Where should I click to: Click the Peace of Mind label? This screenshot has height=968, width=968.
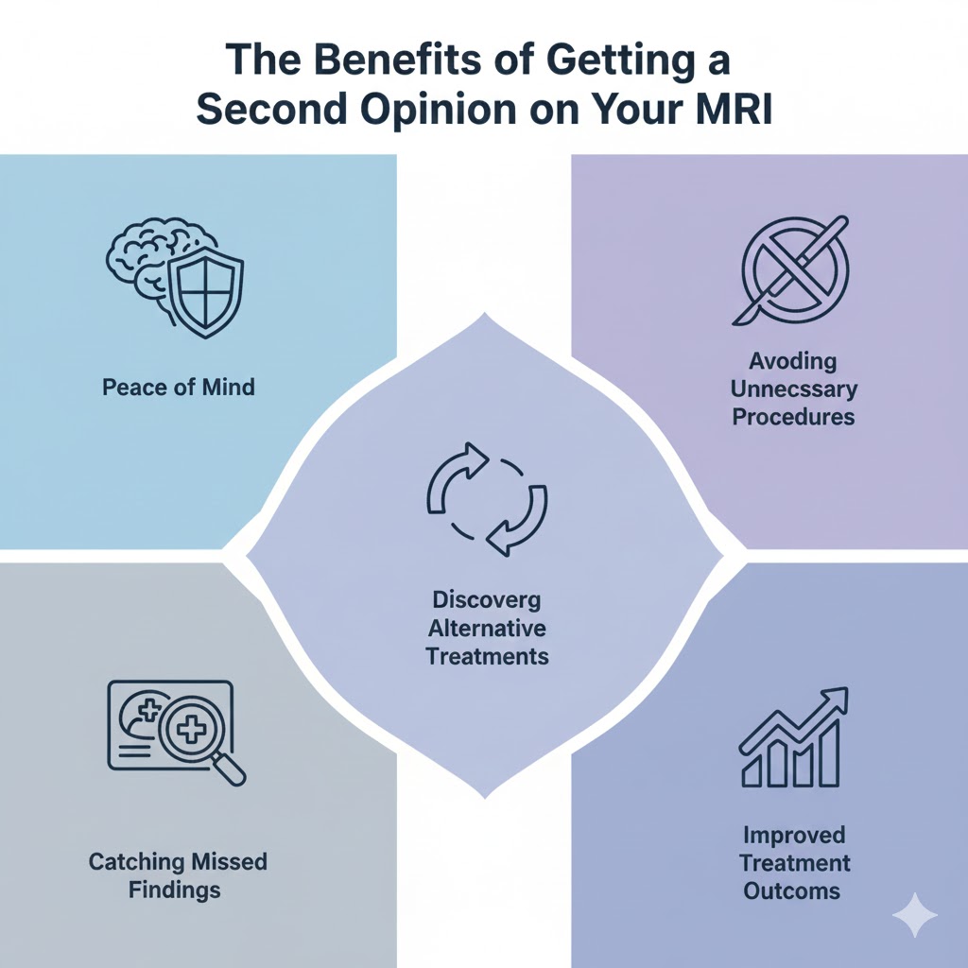pyautogui.click(x=179, y=387)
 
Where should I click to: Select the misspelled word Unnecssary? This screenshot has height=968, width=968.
pyautogui.click(x=793, y=389)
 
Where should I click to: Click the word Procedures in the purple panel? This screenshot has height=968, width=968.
pyautogui.click(x=793, y=416)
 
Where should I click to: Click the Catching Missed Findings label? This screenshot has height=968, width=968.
pyautogui.click(x=179, y=874)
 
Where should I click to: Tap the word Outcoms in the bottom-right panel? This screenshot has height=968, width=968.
pyautogui.click(x=793, y=890)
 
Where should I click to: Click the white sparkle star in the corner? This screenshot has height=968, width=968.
pyautogui.click(x=915, y=915)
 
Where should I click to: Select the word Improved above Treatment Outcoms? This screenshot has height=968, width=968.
pyautogui.click(x=794, y=836)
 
